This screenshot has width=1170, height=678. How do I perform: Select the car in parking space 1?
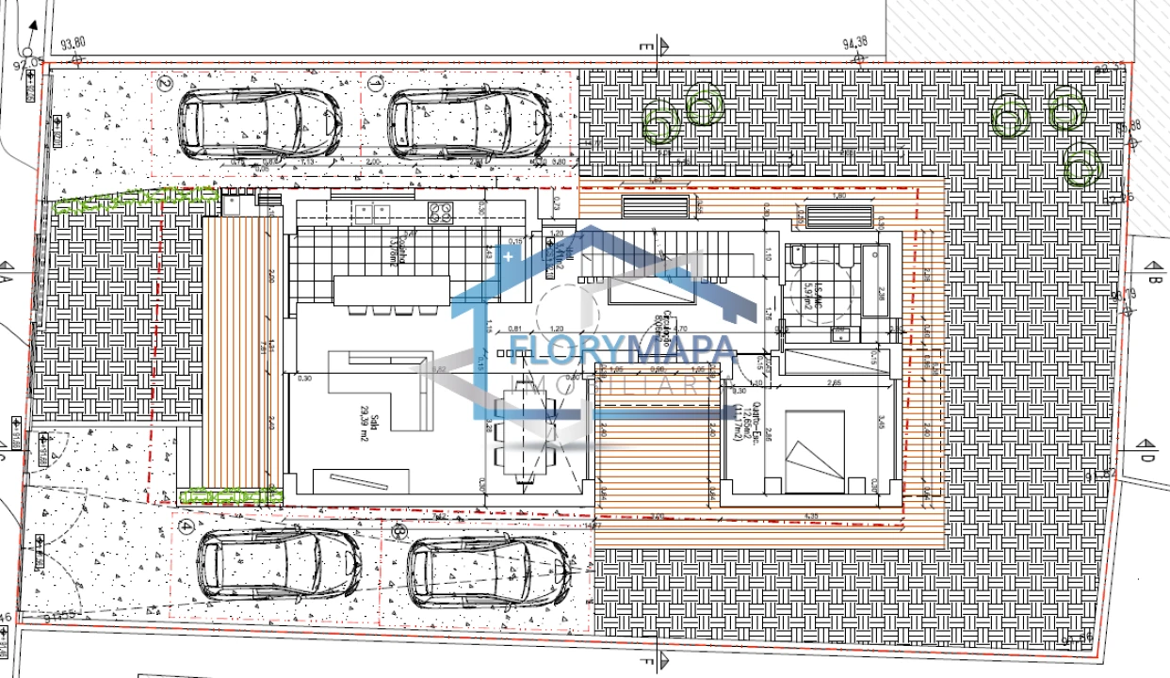click(x=467, y=123)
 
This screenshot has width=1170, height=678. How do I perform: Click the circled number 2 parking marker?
click(x=165, y=83)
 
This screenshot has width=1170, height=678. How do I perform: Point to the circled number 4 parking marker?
click(x=187, y=526)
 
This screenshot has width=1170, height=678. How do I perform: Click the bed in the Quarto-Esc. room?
click(x=814, y=451)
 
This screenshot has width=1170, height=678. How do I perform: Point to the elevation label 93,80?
click(x=73, y=42)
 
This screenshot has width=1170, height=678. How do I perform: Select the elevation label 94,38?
click(x=854, y=42)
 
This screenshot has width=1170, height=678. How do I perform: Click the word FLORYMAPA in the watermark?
click(x=623, y=352)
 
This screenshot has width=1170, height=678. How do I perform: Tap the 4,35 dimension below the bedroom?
click(x=812, y=516)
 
